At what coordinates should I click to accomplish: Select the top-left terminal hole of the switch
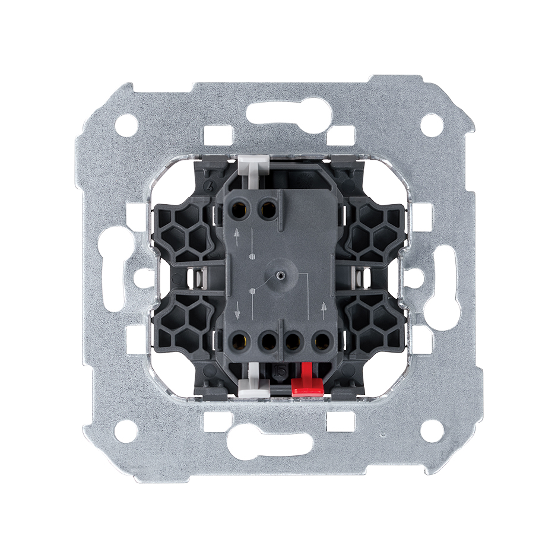click(242, 208)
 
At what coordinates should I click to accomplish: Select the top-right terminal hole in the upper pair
click(268, 208)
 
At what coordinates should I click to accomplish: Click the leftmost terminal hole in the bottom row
click(241, 341)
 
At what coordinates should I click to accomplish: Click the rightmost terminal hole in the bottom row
click(321, 341)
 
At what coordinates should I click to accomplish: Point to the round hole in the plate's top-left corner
click(125, 125)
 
